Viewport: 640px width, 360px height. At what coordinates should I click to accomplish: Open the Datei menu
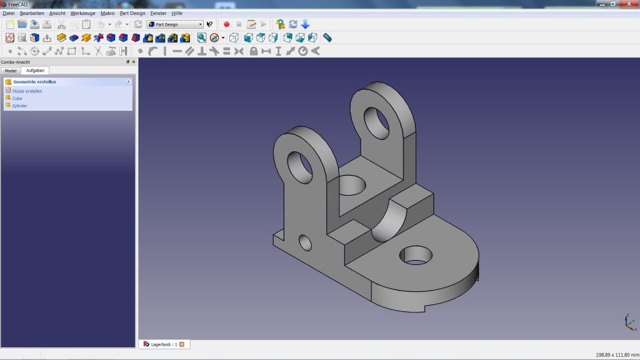[8, 13]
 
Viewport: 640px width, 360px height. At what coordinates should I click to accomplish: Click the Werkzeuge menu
[82, 13]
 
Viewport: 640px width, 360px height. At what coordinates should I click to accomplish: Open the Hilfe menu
[177, 13]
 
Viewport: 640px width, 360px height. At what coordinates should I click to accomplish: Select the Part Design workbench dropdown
[175, 24]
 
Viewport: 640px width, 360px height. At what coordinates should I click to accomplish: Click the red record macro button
[226, 24]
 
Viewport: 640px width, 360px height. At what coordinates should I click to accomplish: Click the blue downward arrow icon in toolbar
[305, 24]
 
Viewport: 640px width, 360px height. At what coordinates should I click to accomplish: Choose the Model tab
[11, 71]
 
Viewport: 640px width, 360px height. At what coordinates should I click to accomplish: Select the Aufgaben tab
[35, 71]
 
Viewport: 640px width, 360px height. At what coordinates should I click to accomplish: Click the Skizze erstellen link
[27, 91]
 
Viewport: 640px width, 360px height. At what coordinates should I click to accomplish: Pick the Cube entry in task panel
[17, 99]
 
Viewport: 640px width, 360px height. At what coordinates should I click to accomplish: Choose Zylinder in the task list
[19, 106]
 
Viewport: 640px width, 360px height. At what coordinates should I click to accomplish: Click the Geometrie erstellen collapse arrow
[128, 82]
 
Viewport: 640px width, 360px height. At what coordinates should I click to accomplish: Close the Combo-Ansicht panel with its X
[133, 62]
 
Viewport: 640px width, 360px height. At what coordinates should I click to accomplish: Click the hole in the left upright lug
[300, 166]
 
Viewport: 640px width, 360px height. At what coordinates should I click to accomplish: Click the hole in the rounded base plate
[416, 254]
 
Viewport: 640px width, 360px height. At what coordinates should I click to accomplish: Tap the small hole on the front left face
[306, 242]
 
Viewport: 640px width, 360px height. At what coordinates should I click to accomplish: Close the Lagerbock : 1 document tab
[182, 344]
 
